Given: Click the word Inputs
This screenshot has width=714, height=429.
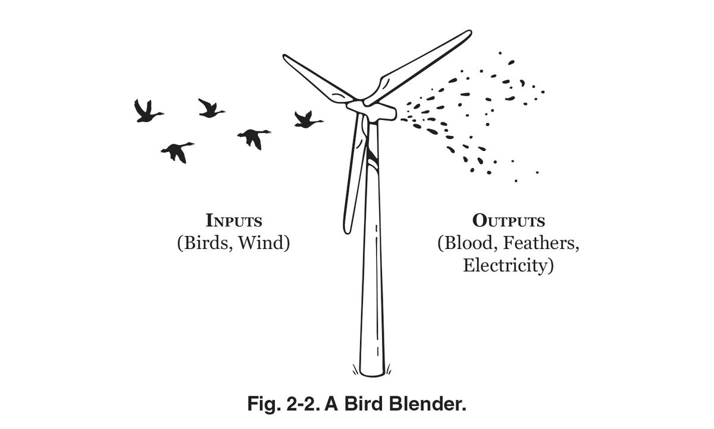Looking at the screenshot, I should [x=234, y=221].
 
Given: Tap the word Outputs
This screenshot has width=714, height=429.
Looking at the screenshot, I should [x=509, y=221].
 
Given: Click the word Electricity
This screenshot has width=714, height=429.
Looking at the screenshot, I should [x=509, y=265].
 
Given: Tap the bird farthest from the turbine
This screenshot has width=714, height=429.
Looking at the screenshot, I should [x=146, y=110].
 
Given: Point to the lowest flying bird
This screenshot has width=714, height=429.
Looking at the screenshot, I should [x=177, y=152].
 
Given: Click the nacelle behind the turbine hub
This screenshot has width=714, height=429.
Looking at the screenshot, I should [x=378, y=111].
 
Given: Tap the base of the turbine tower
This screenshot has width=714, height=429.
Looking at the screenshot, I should [x=371, y=365].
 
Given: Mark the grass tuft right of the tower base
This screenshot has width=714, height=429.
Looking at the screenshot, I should [x=388, y=370].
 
